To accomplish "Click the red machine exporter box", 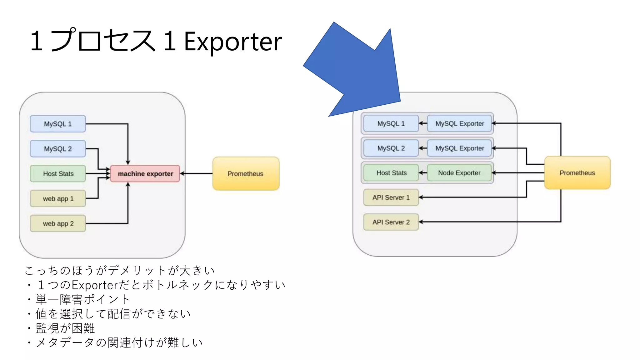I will (x=145, y=173).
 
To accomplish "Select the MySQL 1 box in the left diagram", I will (x=58, y=124).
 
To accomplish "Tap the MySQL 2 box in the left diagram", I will (x=58, y=149).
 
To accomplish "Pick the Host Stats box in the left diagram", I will (x=58, y=173).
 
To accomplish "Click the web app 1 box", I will (x=58, y=198).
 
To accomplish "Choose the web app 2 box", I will (x=58, y=223).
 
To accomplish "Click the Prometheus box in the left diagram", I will (x=246, y=173).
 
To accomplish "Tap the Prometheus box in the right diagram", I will (x=577, y=173).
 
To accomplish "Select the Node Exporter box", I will (x=459, y=173).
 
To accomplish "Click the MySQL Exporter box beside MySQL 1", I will (x=459, y=123).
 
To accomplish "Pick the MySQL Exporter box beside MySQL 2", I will (x=459, y=148).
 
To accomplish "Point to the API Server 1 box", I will (x=391, y=197).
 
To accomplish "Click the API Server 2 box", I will (x=391, y=222).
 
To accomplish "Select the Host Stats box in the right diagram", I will (x=391, y=173).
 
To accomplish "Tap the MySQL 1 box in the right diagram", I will (x=391, y=123).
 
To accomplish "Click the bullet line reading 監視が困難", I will (x=65, y=328).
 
